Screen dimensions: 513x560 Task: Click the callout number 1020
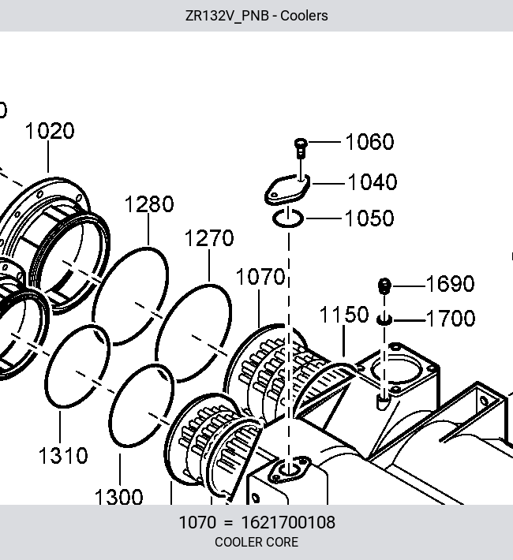tap(50, 131)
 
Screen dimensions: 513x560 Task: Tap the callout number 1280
tap(149, 204)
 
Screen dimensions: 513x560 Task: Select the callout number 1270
tap(209, 238)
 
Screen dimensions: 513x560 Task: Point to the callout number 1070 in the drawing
tap(260, 277)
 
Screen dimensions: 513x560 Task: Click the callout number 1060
tap(370, 142)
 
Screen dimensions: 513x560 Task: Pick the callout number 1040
tap(373, 181)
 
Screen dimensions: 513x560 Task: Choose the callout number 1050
tap(369, 218)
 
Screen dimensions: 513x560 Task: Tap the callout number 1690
tap(450, 284)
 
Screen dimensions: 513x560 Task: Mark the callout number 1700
tap(451, 318)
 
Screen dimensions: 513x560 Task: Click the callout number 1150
tap(344, 315)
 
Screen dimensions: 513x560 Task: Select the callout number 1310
tap(63, 456)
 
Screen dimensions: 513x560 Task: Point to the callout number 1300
tap(118, 497)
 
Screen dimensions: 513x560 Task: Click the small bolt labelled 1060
tap(301, 148)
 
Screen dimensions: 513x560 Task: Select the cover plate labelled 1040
tap(287, 189)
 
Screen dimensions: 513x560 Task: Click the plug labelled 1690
tap(384, 286)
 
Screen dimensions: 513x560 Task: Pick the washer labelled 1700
tap(384, 319)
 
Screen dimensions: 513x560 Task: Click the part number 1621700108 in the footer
tap(289, 522)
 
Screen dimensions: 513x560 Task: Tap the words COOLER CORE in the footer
tap(256, 542)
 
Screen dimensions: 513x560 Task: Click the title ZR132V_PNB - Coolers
tap(256, 16)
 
